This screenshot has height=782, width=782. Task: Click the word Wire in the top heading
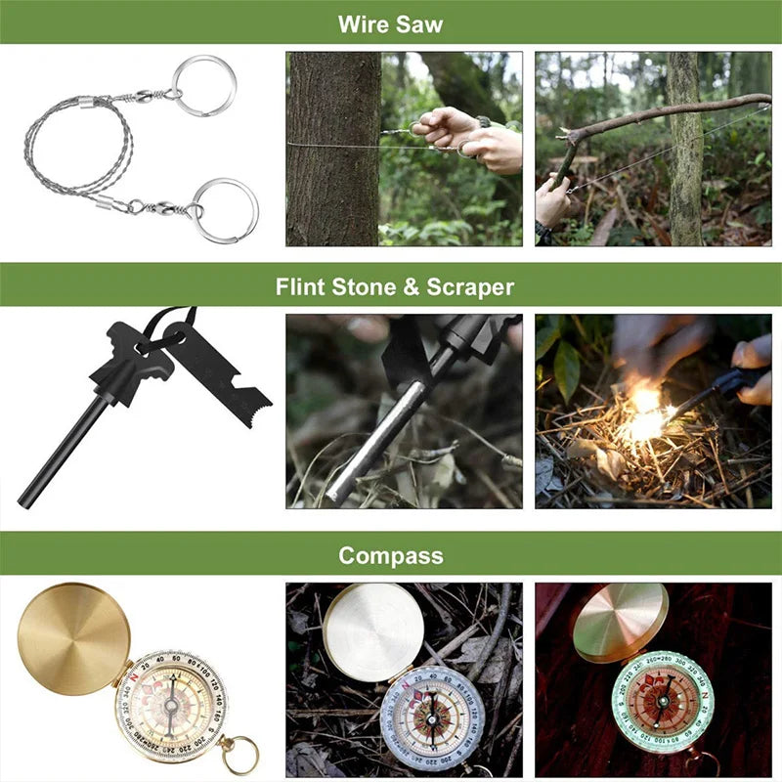[365, 23]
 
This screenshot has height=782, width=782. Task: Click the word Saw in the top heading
[420, 23]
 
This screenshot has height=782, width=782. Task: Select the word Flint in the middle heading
[302, 287]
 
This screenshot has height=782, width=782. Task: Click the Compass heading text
[390, 556]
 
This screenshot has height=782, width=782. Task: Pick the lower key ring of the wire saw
[226, 209]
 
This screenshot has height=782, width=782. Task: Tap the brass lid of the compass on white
[74, 639]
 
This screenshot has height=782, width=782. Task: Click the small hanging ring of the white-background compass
[239, 756]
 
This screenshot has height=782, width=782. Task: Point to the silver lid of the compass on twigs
[371, 631]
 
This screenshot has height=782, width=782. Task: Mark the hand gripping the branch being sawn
[551, 200]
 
